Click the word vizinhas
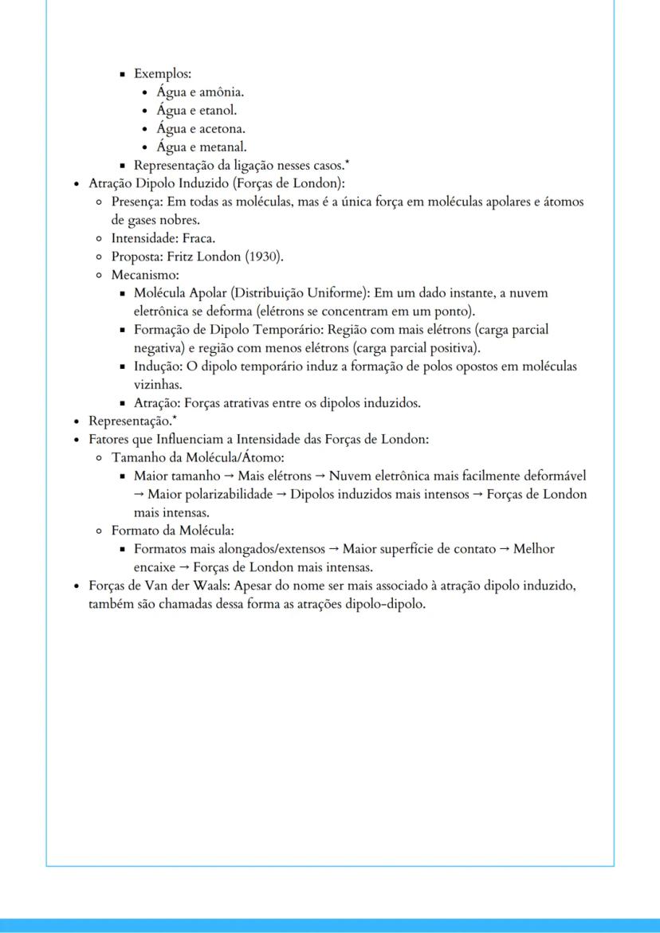[x=158, y=385]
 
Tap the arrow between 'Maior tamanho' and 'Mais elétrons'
[x=230, y=476]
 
